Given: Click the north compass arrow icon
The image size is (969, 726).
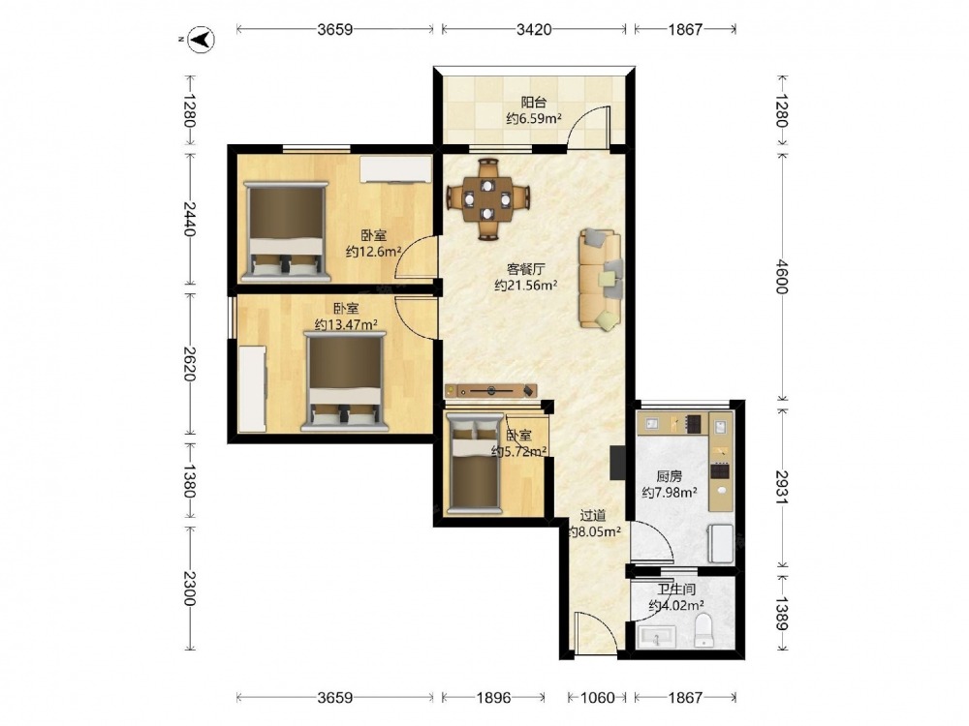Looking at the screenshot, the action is click(202, 40).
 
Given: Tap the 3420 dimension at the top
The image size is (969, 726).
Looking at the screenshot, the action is click(533, 29).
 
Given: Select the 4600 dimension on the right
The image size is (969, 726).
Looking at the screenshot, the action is click(782, 277).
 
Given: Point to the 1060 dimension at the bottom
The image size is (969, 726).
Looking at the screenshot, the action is click(597, 698).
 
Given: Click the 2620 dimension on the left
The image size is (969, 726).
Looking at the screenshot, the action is click(190, 364).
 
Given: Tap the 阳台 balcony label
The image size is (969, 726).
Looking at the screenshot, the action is click(533, 102).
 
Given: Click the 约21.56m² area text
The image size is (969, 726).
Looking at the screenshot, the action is click(526, 286).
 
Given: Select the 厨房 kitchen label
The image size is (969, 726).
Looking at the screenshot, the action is click(669, 476).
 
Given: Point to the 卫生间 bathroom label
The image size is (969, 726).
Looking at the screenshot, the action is click(676, 589).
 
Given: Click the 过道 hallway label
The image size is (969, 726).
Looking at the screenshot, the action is click(593, 515).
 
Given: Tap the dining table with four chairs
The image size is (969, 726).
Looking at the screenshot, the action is click(488, 198).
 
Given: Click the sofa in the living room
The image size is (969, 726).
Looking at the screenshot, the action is click(600, 279).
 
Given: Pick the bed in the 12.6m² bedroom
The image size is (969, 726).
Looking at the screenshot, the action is click(286, 229).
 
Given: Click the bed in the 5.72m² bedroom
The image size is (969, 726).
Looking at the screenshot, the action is click(474, 463).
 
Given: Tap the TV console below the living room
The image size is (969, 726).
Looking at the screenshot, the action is click(490, 391).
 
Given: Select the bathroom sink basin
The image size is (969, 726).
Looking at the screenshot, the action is click(656, 637).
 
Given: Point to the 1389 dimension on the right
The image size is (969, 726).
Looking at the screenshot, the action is click(782, 613).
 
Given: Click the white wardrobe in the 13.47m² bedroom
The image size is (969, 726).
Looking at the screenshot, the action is click(252, 389).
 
